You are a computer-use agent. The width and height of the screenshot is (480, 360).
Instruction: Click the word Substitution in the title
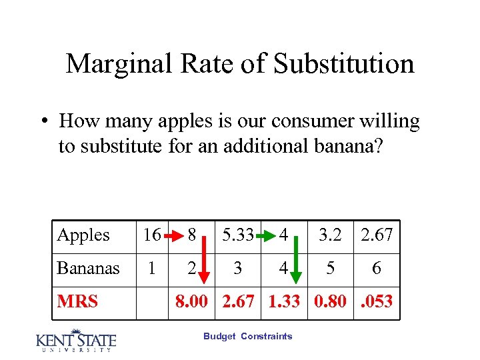click(344, 64)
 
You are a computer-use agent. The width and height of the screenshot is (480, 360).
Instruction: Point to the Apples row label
click(83, 235)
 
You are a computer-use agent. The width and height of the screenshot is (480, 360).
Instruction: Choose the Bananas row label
click(89, 269)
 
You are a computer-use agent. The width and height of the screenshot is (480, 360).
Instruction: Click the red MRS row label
click(77, 302)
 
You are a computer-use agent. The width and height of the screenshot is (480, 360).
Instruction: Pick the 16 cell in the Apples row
click(152, 235)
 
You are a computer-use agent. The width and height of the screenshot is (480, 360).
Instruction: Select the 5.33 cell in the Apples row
click(239, 235)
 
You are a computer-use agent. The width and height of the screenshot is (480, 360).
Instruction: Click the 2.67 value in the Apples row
click(377, 235)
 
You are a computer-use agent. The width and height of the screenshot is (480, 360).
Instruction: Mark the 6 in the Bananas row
click(377, 269)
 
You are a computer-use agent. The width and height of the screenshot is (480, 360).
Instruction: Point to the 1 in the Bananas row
click(152, 269)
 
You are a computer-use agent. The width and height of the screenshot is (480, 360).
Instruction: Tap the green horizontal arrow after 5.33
click(266, 236)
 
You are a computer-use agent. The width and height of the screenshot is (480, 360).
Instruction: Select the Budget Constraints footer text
click(248, 337)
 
